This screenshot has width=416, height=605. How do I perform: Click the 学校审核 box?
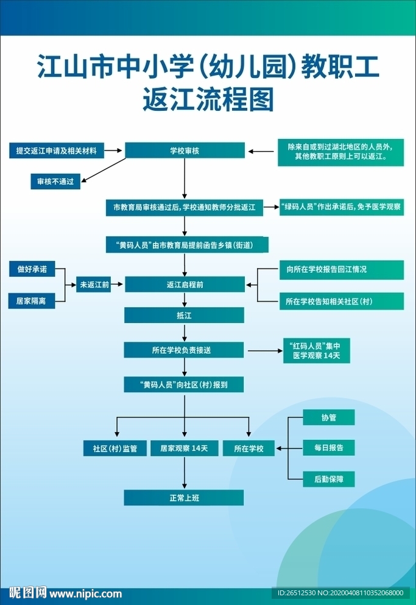[x=185, y=150]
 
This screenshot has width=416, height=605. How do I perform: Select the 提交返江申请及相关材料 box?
[x=57, y=150]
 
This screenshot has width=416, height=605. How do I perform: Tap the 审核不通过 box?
[x=55, y=182]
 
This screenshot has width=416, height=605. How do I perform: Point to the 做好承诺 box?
[x=32, y=269]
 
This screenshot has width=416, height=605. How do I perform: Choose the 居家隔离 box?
[x=32, y=300]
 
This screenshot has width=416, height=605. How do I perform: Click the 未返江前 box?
[x=93, y=285]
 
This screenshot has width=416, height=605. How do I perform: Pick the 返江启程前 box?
[x=185, y=285]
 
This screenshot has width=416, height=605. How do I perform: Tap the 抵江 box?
[x=184, y=315]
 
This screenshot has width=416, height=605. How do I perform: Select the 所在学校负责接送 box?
[x=184, y=350]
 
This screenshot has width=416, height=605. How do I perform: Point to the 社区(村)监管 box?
[x=115, y=448]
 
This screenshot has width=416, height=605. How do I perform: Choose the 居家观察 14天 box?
[x=184, y=448]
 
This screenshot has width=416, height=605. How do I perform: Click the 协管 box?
[x=329, y=417]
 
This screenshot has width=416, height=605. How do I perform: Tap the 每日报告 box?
[x=329, y=448]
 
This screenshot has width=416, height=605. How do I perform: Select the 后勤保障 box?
[x=329, y=479]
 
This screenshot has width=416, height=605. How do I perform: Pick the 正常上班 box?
[x=184, y=498]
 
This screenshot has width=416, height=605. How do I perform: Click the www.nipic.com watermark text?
[x=85, y=593]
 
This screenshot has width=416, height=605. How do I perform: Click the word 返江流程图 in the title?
[x=208, y=101]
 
